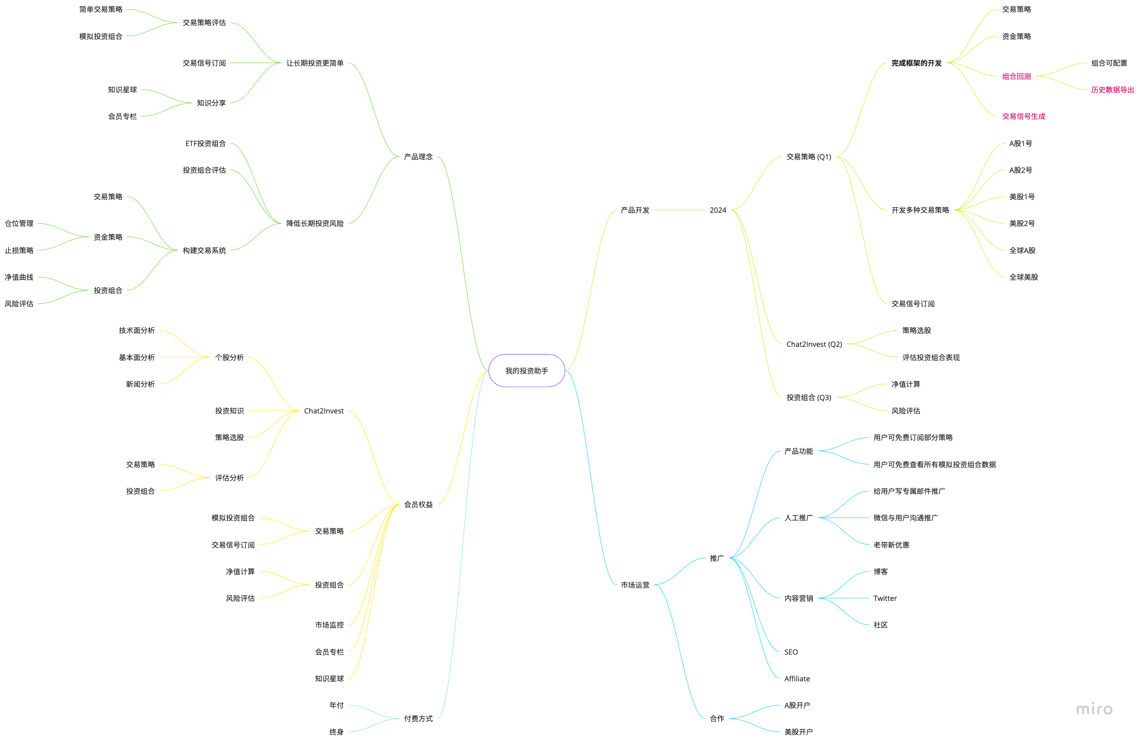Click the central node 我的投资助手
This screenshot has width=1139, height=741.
527,371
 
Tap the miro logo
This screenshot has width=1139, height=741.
1094,708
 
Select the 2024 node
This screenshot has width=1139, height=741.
717,210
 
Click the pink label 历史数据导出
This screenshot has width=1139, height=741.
1112,90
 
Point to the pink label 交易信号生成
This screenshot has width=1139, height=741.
1023,116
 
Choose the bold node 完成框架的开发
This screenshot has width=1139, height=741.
916,63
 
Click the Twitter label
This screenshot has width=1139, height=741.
885,598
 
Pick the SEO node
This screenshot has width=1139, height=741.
791,651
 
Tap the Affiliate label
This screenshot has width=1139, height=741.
797,679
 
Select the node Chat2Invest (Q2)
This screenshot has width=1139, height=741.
814,344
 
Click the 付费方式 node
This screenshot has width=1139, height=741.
418,718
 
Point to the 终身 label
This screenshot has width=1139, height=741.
336,732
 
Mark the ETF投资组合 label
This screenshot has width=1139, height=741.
205,143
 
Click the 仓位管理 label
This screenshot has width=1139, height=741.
19,223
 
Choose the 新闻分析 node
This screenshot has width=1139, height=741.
140,384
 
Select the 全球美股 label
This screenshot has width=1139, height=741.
1023,277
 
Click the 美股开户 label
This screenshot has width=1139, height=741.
798,732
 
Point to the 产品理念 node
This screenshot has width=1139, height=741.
418,157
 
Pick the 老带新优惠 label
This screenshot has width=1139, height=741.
891,545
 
